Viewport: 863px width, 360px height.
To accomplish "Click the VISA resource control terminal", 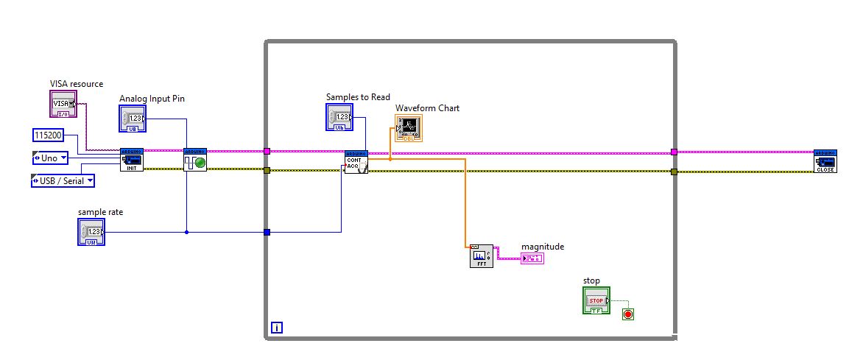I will click(63, 104).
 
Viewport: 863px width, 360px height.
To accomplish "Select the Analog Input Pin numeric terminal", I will click(132, 119).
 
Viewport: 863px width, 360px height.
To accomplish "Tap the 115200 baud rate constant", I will click(49, 135).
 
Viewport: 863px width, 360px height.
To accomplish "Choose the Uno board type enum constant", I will click(50, 158).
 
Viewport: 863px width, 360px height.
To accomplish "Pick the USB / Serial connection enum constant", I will click(63, 180).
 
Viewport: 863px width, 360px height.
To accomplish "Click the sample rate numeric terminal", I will click(91, 232).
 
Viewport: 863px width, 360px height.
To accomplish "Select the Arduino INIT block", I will click(132, 160).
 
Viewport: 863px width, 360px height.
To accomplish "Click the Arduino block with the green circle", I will click(195, 160).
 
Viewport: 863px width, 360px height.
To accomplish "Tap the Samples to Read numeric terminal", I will click(339, 117).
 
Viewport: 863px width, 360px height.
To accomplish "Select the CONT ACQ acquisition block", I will click(356, 162).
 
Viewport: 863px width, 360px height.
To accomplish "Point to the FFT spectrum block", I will click(482, 256).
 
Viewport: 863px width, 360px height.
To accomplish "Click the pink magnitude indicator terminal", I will click(532, 258).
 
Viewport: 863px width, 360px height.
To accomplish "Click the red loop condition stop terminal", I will click(627, 314).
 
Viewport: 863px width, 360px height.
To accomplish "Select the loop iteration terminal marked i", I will click(276, 328).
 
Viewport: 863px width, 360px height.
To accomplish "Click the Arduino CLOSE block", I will click(825, 160).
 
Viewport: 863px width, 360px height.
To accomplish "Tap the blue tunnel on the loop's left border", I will click(267, 233).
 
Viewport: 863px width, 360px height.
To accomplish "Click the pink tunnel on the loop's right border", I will click(674, 152).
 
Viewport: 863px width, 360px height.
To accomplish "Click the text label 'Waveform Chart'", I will click(427, 108).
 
